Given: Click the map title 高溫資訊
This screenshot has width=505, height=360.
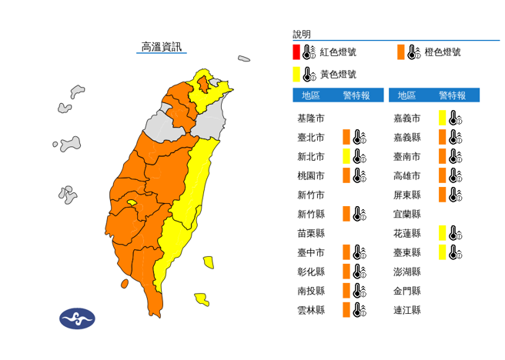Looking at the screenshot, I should [161, 48].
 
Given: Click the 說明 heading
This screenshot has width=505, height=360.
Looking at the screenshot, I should [302, 35].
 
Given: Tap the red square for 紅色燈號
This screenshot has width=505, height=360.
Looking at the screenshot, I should [296, 52].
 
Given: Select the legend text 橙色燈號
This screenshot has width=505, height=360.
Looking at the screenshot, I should [443, 52].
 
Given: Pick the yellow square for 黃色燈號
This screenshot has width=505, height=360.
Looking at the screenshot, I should [296, 74].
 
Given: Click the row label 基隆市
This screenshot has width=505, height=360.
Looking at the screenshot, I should [310, 118].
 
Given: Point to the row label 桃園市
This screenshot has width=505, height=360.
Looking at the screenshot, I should [310, 175].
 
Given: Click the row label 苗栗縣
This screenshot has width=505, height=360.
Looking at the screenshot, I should [310, 233].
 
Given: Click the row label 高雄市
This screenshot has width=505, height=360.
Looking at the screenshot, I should [406, 175].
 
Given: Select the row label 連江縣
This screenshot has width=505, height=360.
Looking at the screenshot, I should [406, 310].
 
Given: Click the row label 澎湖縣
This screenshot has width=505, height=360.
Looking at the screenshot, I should [406, 272].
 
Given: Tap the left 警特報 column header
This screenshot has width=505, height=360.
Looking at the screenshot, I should [356, 95].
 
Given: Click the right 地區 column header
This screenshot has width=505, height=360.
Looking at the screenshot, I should [406, 95].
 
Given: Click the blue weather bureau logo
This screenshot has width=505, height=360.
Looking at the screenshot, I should [77, 318].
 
